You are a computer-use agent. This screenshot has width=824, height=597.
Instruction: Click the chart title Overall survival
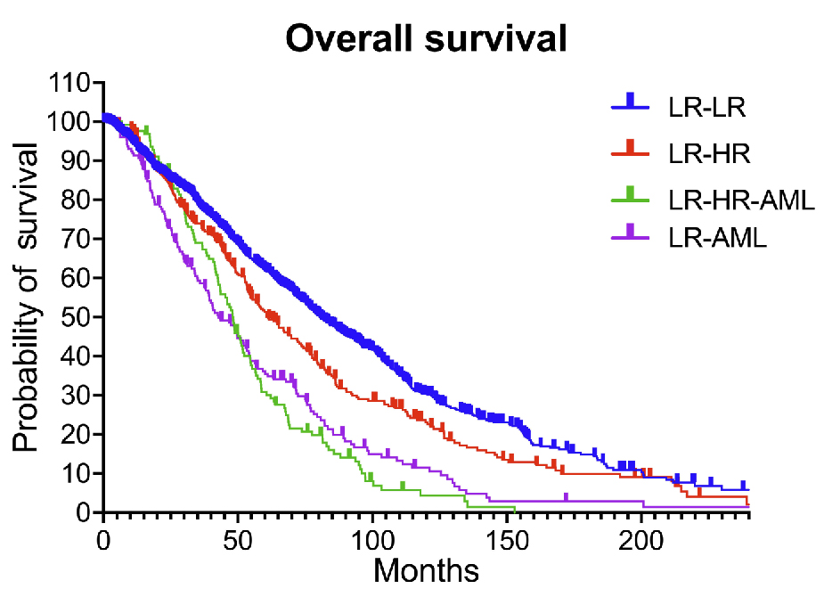(425, 38)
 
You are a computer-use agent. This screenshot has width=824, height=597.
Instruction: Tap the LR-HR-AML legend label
(741, 200)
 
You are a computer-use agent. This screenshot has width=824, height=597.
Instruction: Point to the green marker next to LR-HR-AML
(632, 193)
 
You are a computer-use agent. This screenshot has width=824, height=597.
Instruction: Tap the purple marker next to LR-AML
(632, 232)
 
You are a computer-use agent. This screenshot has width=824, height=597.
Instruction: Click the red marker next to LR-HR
(632, 148)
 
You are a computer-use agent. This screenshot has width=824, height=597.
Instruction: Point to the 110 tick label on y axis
(72, 83)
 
